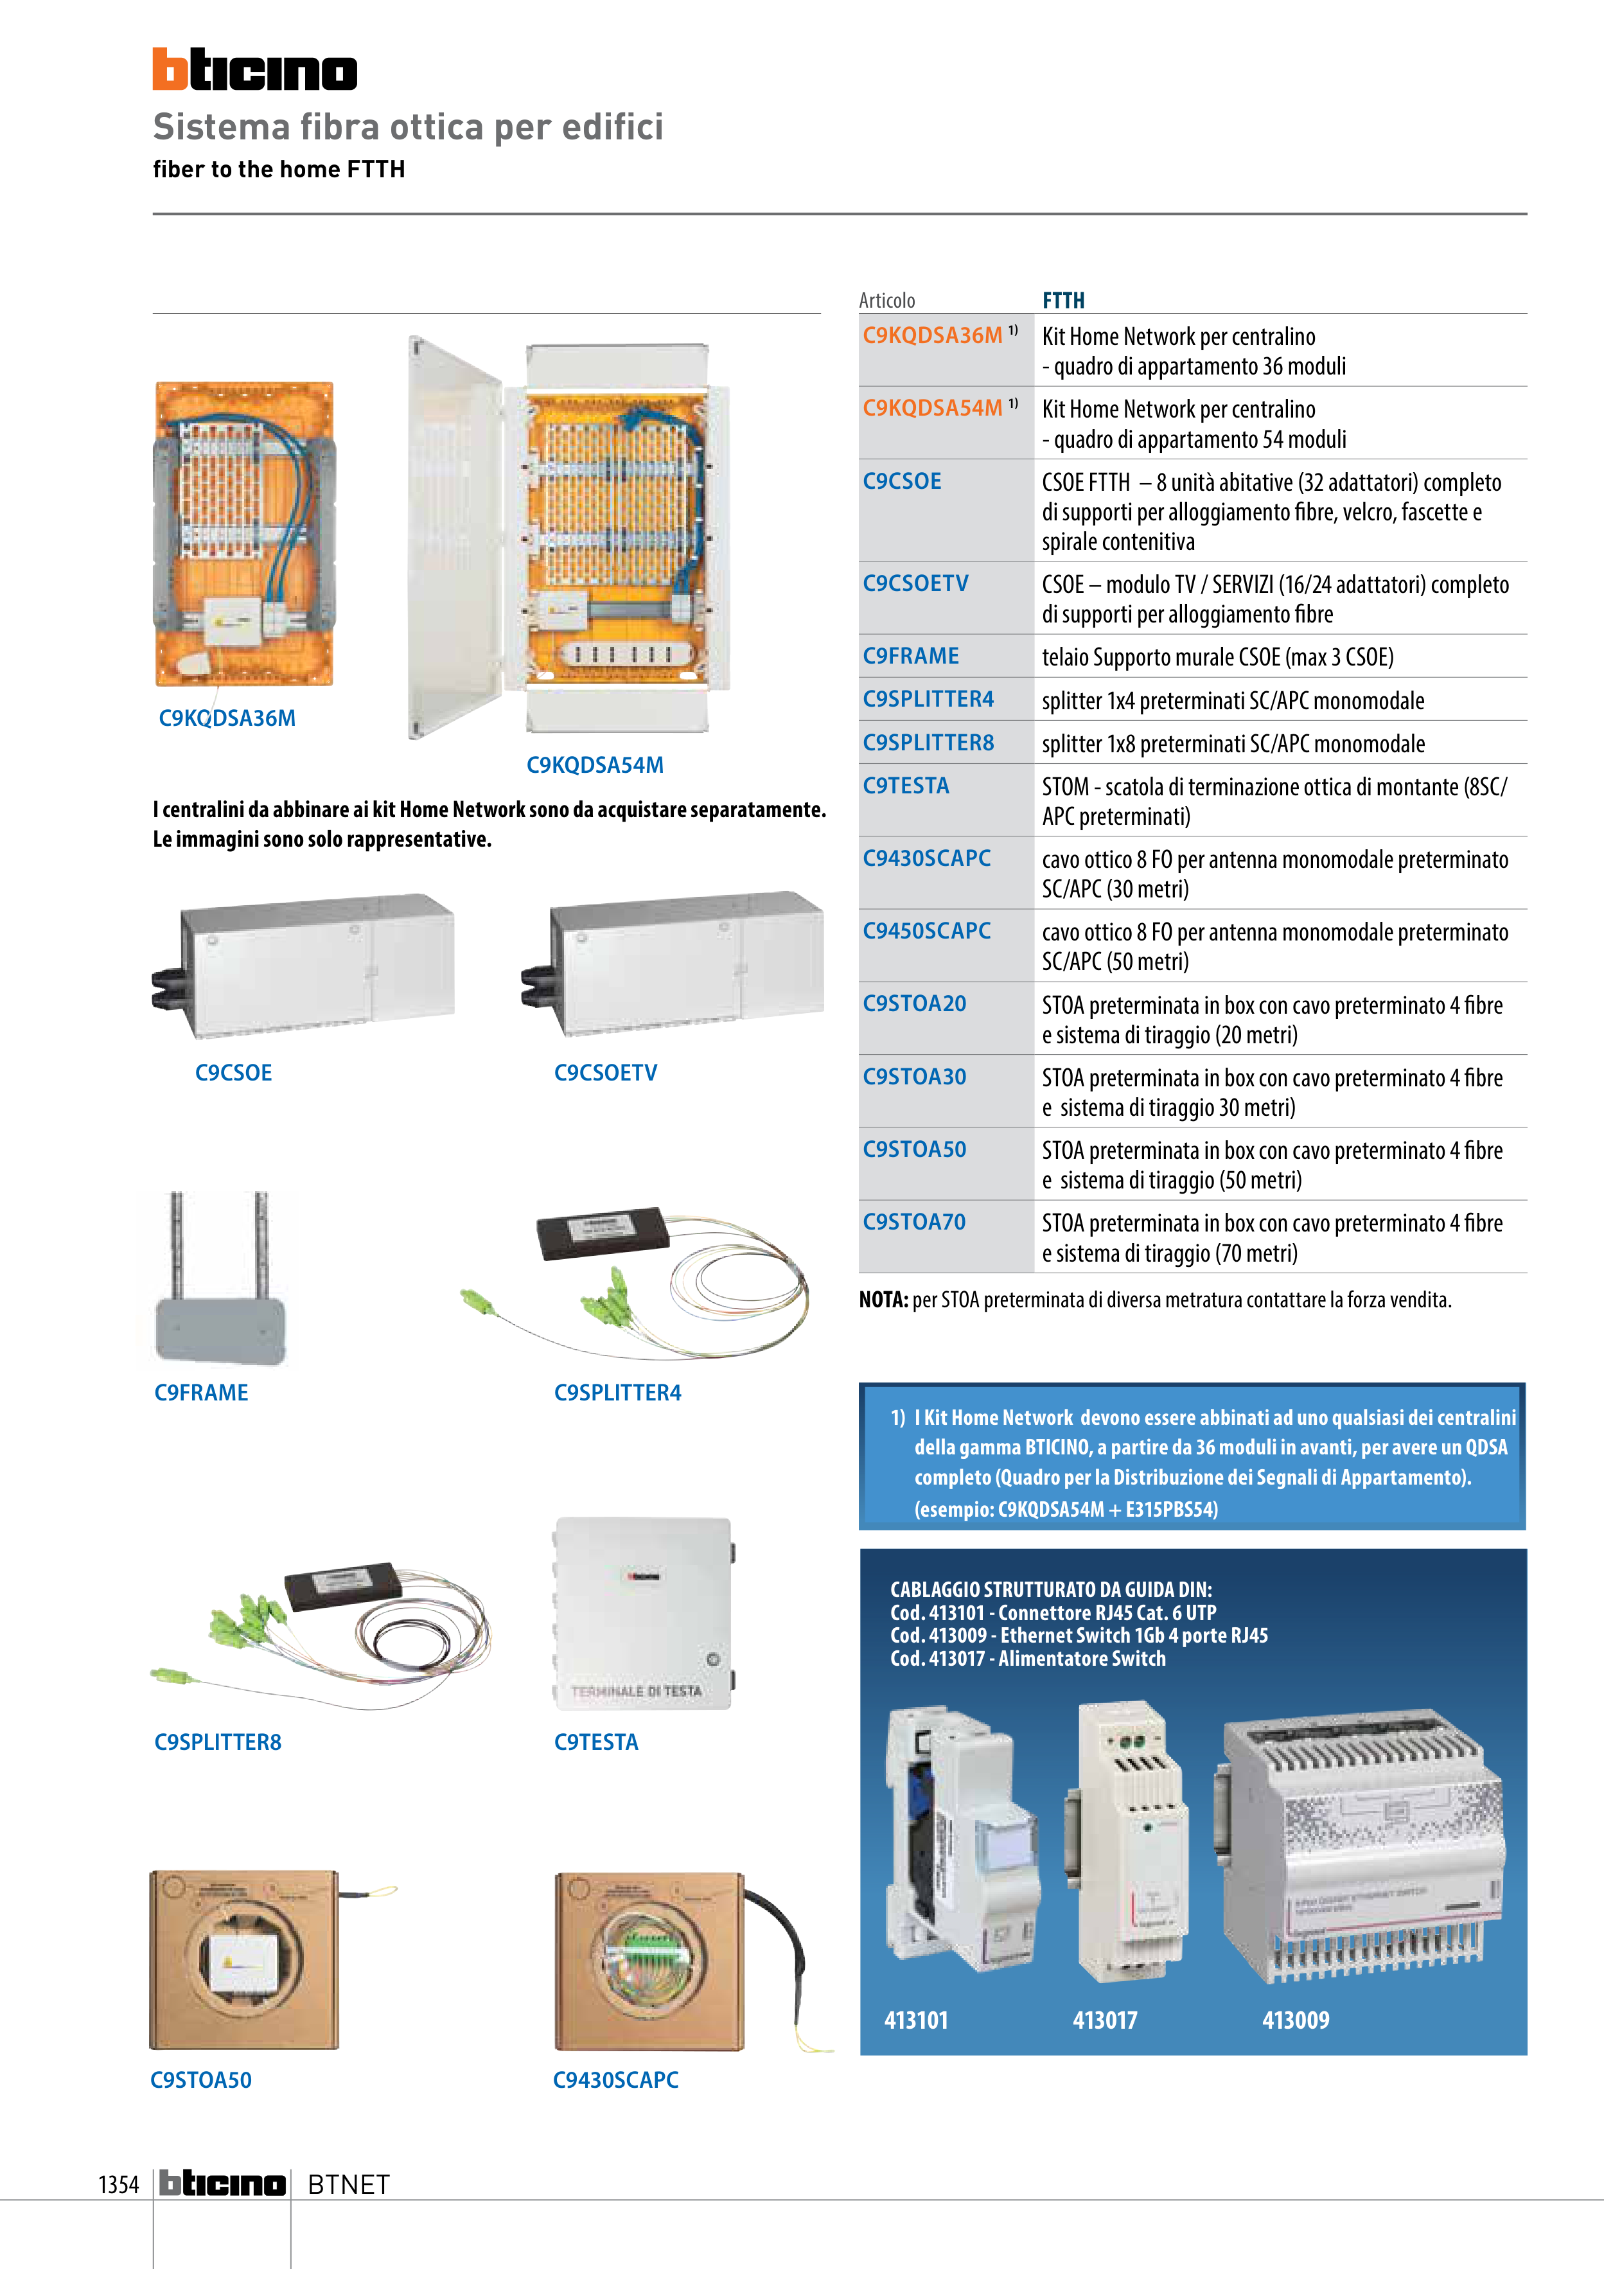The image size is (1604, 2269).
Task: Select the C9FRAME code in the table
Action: pos(910,656)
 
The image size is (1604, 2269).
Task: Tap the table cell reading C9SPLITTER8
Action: pos(928,743)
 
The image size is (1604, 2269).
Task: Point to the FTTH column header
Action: pos(1063,301)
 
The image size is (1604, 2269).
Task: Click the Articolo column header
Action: pos(886,301)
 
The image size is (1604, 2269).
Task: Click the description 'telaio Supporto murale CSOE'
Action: pos(1217,657)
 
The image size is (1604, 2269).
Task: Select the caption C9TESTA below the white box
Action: pos(596,1742)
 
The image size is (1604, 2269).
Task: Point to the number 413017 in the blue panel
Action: pos(1105,2020)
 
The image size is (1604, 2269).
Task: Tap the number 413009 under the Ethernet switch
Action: pos(1294,2020)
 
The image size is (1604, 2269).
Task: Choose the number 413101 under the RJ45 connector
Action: pos(916,2020)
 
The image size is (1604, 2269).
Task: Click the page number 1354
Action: pos(119,2184)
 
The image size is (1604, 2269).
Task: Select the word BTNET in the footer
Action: pos(349,2184)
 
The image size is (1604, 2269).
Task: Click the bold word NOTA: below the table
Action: pos(883,1300)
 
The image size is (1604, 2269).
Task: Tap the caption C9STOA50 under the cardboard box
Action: pos(200,2080)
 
